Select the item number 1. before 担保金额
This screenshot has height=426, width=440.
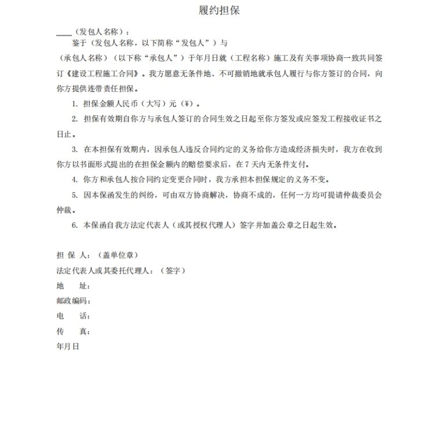(x=75, y=104)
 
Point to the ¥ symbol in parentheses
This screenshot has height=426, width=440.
(x=187, y=104)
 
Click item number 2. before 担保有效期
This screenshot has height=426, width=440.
(x=75, y=119)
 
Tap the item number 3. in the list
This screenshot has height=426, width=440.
(x=75, y=149)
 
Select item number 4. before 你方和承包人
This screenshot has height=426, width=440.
(x=75, y=179)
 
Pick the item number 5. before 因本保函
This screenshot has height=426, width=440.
(x=75, y=194)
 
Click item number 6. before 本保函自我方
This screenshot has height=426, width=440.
(x=75, y=225)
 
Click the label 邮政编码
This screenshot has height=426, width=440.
(x=73, y=301)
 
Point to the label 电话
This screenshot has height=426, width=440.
(x=73, y=316)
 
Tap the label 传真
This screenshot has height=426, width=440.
(x=73, y=331)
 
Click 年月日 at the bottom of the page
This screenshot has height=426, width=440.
(x=68, y=346)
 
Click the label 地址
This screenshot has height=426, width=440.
(x=73, y=286)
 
